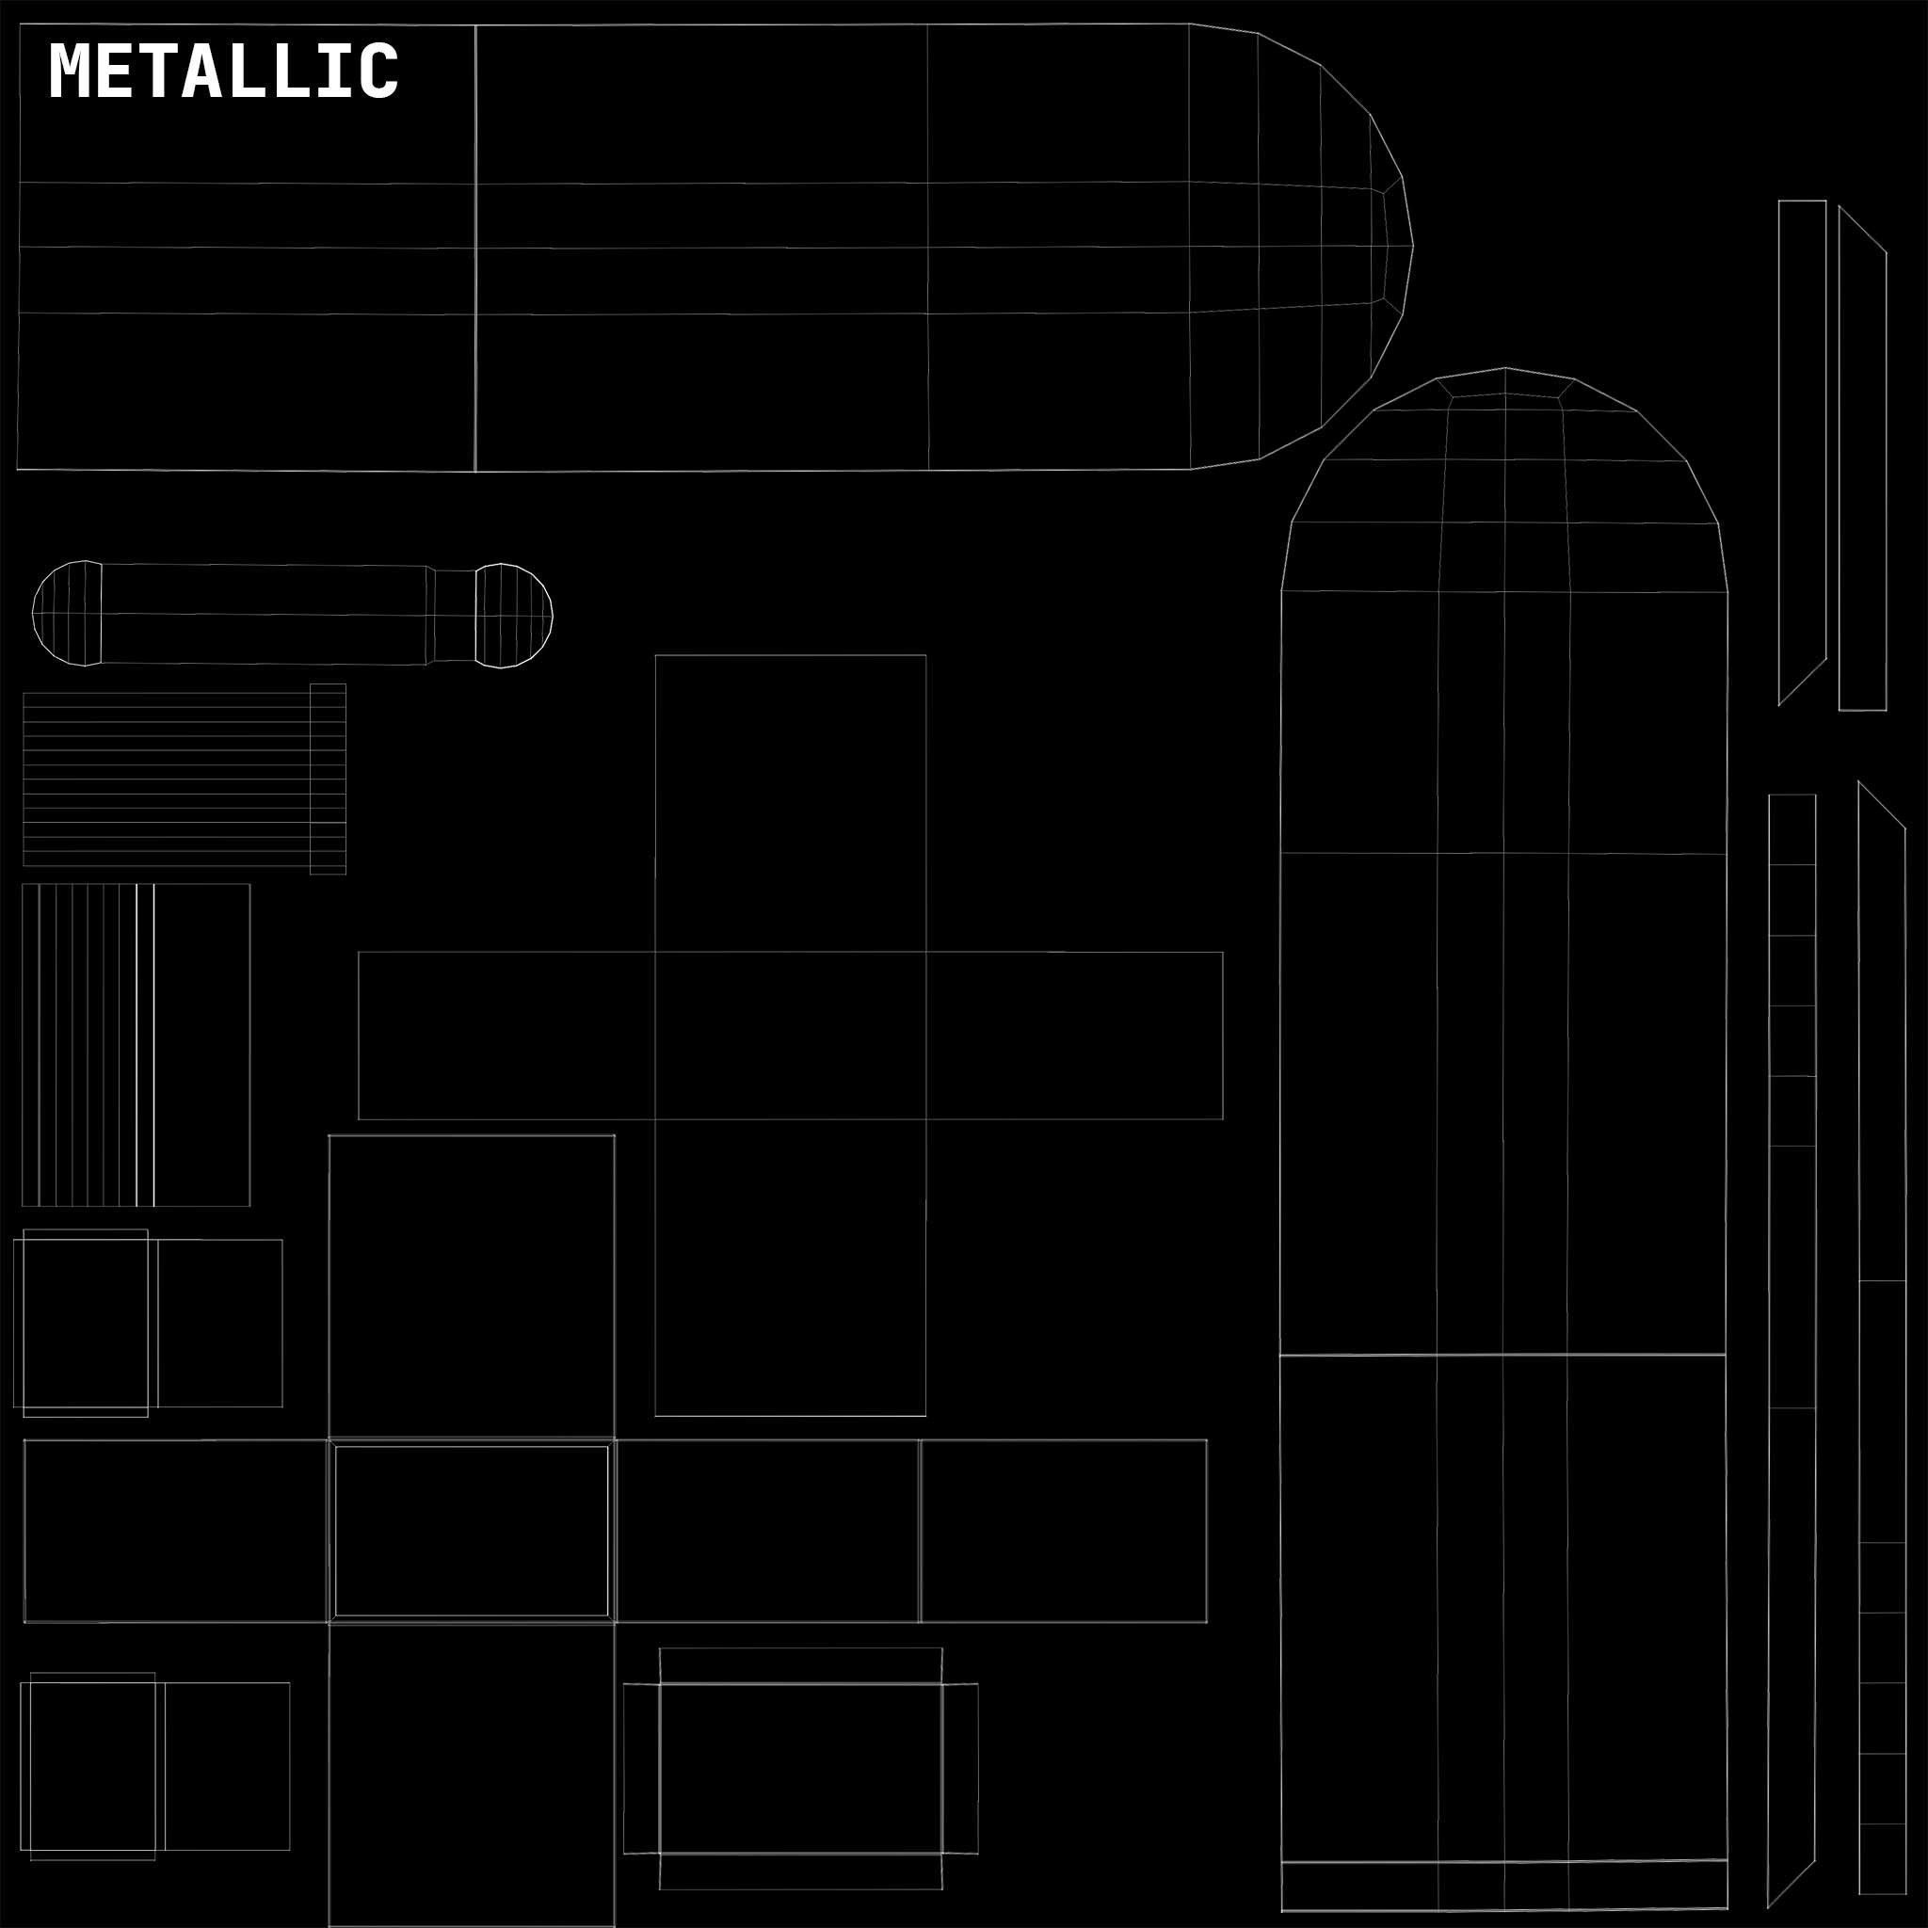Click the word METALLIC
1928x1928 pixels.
tap(223, 71)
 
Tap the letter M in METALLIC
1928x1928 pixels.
tap(70, 71)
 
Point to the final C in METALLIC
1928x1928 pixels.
tap(380, 71)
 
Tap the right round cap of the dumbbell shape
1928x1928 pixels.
tap(513, 615)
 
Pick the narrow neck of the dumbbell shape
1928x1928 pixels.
tap(454, 615)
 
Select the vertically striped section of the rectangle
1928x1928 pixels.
tap(80, 1045)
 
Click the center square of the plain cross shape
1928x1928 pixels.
tap(791, 1035)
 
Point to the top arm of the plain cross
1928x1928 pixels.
tap(791, 803)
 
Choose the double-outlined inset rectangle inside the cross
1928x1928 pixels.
tap(471, 1531)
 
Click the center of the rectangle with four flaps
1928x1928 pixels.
tap(800, 1768)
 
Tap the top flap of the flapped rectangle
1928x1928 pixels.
tap(800, 1665)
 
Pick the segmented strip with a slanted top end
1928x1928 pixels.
tap(1882, 1347)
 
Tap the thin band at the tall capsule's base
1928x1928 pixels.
tap(1503, 1885)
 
